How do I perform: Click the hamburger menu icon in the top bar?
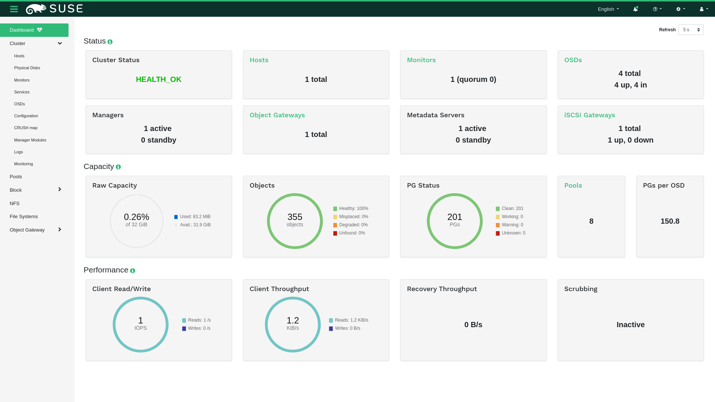click(x=14, y=9)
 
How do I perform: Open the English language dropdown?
click(x=608, y=9)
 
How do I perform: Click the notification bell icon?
click(x=635, y=9)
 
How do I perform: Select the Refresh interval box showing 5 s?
click(x=690, y=30)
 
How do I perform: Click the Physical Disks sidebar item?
click(x=27, y=68)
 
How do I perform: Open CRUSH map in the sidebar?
click(x=26, y=128)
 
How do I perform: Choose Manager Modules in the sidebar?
click(x=30, y=140)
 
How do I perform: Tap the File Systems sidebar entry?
click(x=23, y=216)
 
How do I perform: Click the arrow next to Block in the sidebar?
click(x=60, y=189)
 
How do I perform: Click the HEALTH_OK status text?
click(x=159, y=79)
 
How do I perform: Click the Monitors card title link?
click(x=421, y=60)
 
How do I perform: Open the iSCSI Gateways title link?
click(x=590, y=115)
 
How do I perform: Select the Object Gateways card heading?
click(x=277, y=115)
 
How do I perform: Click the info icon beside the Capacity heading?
click(x=118, y=167)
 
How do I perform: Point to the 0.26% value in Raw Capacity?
click(x=136, y=217)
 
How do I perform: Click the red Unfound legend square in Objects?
click(x=335, y=233)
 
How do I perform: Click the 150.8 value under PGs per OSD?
click(x=670, y=221)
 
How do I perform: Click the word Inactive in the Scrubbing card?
click(x=630, y=325)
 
